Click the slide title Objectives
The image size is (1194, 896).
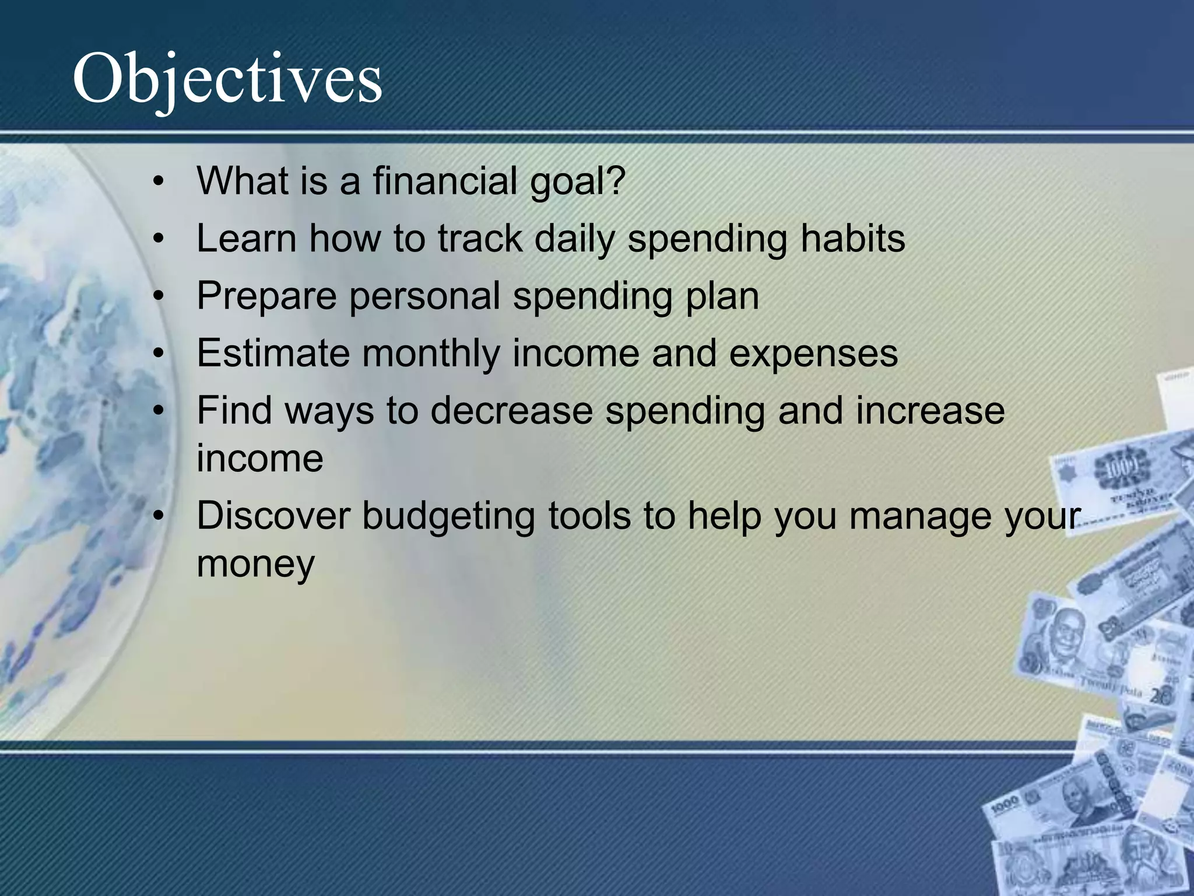227,79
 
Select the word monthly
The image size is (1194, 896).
431,353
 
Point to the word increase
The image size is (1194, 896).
930,410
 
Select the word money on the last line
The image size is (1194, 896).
255,565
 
